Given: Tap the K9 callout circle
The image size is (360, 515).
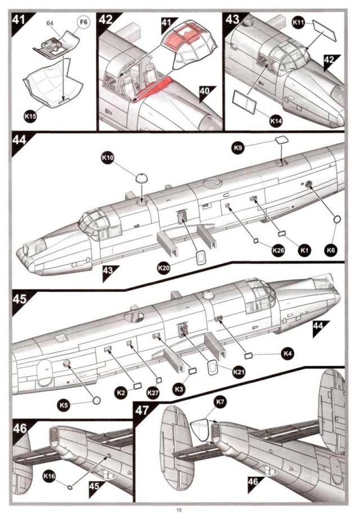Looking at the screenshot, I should pos(238,148).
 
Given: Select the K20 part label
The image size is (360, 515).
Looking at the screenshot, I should pos(164,268).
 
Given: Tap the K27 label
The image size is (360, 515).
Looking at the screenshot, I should pos(153,392).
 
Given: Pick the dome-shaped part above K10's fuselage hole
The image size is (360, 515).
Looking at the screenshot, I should pos(141,178).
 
